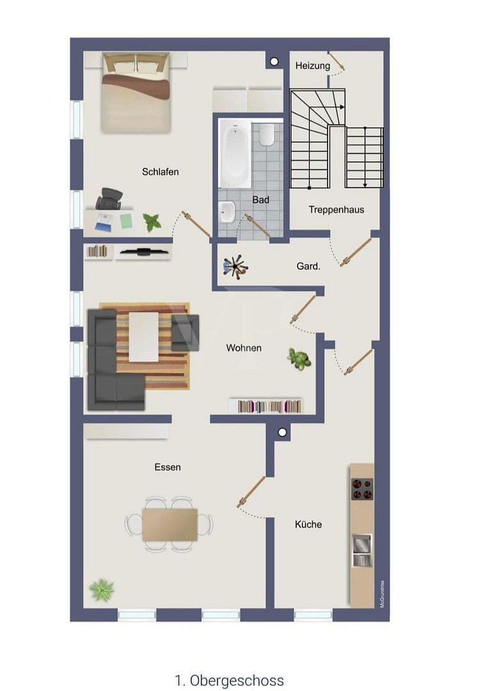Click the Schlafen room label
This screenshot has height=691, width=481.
pos(160,171)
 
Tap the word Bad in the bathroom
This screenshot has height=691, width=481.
pos(260,200)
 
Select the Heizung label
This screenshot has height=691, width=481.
pos(313,65)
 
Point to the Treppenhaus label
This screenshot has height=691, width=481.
pos(336,209)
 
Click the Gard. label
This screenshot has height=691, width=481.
pos(308,266)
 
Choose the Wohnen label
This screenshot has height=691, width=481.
pos(244,348)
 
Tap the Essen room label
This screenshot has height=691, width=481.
pos(168,467)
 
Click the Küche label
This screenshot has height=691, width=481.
pos(308,524)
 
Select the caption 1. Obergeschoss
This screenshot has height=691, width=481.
pos(229,680)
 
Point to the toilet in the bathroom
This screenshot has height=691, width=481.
pos(267,134)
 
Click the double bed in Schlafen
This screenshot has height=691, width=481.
pos(135,93)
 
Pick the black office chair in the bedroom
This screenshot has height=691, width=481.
pos(109,198)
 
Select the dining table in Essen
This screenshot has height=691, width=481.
pos(170,525)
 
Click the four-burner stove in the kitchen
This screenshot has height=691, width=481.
pos(361,488)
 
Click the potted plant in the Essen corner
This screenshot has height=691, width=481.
pos(101,587)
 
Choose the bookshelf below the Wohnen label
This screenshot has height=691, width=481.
pos(266,406)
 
